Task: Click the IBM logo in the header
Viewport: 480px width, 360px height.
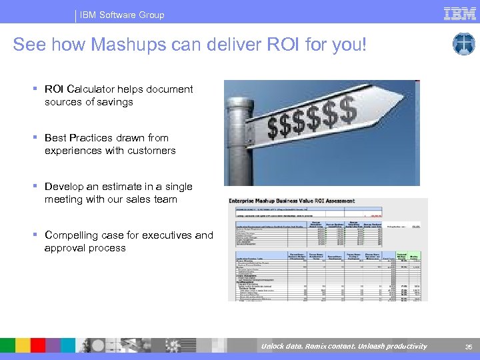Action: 460,13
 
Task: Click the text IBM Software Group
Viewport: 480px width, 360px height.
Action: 122,15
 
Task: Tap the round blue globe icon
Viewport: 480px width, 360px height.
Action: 463,44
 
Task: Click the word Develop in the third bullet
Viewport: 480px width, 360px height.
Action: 65,187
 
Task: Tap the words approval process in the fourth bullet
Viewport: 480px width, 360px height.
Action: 85,248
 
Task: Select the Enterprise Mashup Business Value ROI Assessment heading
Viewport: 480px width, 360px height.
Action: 292,201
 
